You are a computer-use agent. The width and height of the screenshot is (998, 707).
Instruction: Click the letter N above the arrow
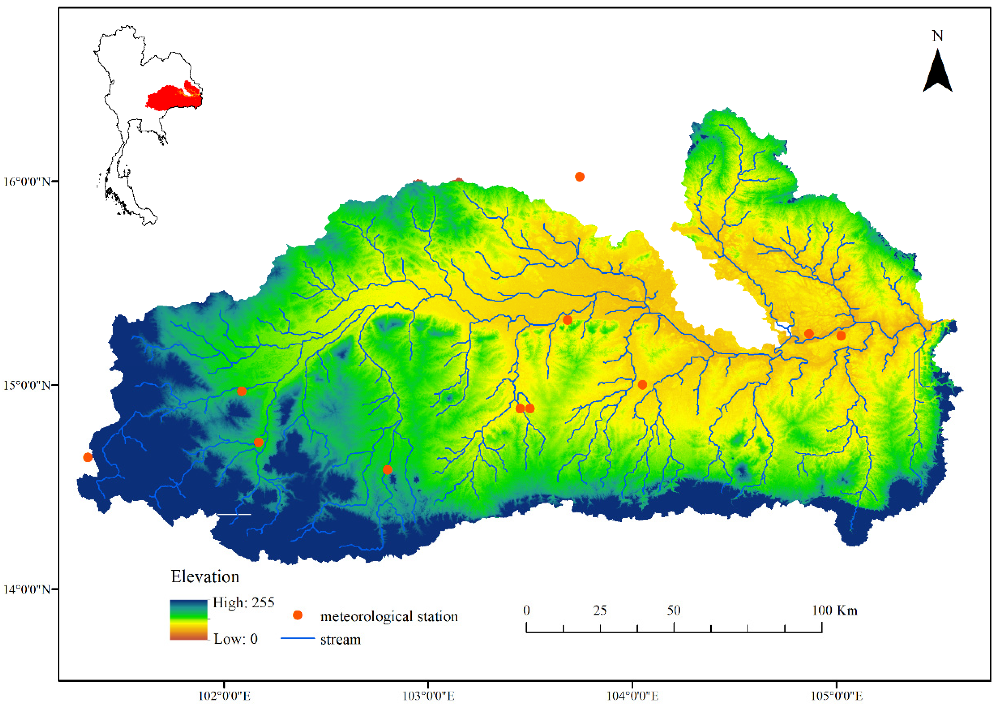click(x=937, y=36)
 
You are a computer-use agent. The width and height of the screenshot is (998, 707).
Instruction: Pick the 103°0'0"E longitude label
click(x=428, y=696)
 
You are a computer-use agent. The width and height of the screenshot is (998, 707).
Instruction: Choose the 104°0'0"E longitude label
click(x=632, y=696)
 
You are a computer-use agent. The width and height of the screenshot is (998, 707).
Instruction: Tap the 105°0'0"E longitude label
click(x=836, y=696)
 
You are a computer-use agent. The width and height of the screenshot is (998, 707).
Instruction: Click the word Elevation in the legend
click(x=205, y=577)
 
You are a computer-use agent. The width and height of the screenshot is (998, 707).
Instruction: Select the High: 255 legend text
click(x=243, y=603)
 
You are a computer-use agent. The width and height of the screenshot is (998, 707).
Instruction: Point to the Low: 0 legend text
click(x=235, y=639)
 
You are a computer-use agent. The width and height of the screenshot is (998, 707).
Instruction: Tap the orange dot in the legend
click(x=297, y=615)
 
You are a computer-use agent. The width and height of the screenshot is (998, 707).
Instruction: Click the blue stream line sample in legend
click(x=297, y=638)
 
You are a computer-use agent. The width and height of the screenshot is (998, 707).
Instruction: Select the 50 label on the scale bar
click(x=673, y=610)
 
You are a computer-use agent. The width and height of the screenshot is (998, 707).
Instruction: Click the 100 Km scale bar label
click(x=834, y=610)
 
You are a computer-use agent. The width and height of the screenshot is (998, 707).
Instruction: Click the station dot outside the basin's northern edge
click(x=579, y=177)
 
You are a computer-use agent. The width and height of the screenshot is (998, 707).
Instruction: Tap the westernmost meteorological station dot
click(x=88, y=457)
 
